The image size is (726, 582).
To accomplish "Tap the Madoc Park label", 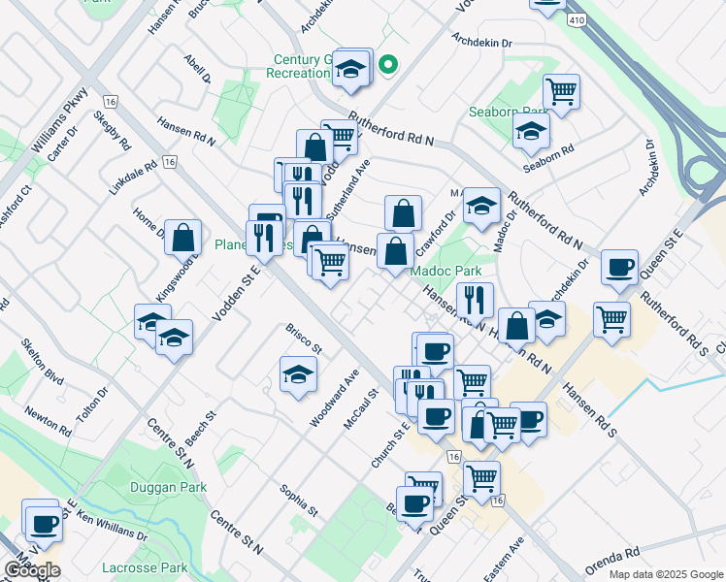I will point(445,271).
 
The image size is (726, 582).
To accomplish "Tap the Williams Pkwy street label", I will point(59,122).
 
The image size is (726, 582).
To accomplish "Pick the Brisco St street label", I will point(303,339).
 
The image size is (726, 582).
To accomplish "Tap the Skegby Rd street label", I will point(113,130).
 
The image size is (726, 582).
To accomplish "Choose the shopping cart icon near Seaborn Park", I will point(562,91).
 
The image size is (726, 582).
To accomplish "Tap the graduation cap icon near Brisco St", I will point(299,373).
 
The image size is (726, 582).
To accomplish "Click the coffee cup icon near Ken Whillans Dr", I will point(42,525).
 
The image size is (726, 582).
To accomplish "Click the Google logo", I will point(32,570).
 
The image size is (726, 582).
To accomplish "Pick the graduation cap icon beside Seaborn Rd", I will point(531,131).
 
